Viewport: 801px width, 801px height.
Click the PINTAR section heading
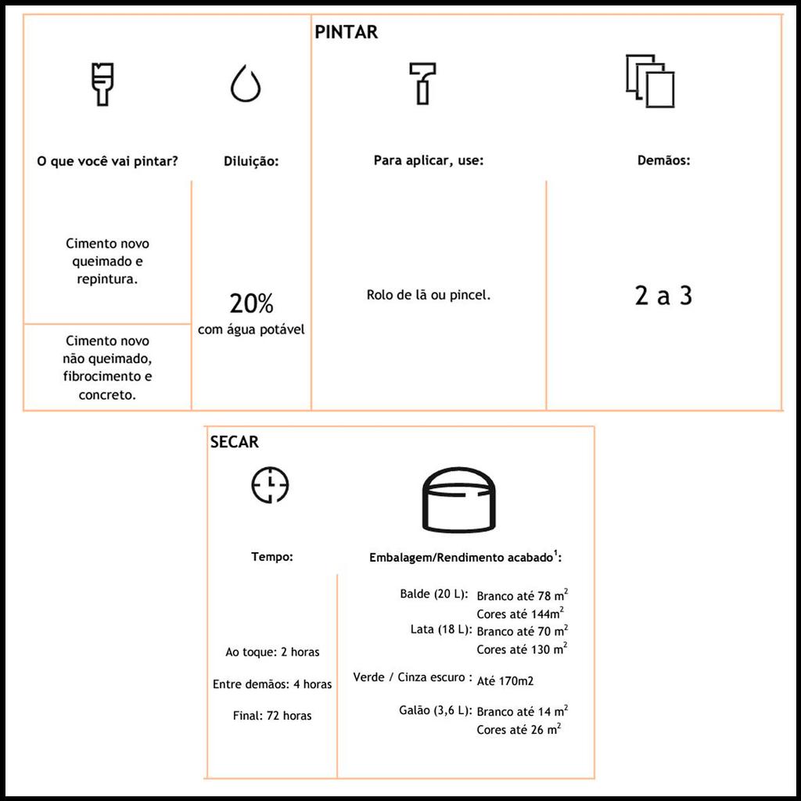346,32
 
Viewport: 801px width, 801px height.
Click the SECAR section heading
234,442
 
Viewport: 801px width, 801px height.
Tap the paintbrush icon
101,84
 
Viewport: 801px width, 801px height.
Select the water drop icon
246,84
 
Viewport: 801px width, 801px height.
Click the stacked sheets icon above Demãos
650,81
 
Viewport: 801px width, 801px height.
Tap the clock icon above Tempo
270,485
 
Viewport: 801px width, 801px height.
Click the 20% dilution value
251,304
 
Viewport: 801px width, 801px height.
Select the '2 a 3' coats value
663,296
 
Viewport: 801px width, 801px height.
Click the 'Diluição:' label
251,162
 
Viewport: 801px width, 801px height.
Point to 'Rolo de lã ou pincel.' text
429,296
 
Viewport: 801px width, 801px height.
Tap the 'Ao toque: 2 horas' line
272,652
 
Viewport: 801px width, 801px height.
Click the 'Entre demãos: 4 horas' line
272,684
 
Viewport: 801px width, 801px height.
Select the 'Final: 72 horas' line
272,716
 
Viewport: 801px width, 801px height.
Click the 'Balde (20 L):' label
433,594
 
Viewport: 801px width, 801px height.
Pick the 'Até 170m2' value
505,681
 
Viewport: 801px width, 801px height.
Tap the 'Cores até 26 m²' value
519,730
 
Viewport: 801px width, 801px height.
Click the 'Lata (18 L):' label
439,630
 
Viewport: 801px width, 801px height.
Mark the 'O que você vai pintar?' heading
108,162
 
